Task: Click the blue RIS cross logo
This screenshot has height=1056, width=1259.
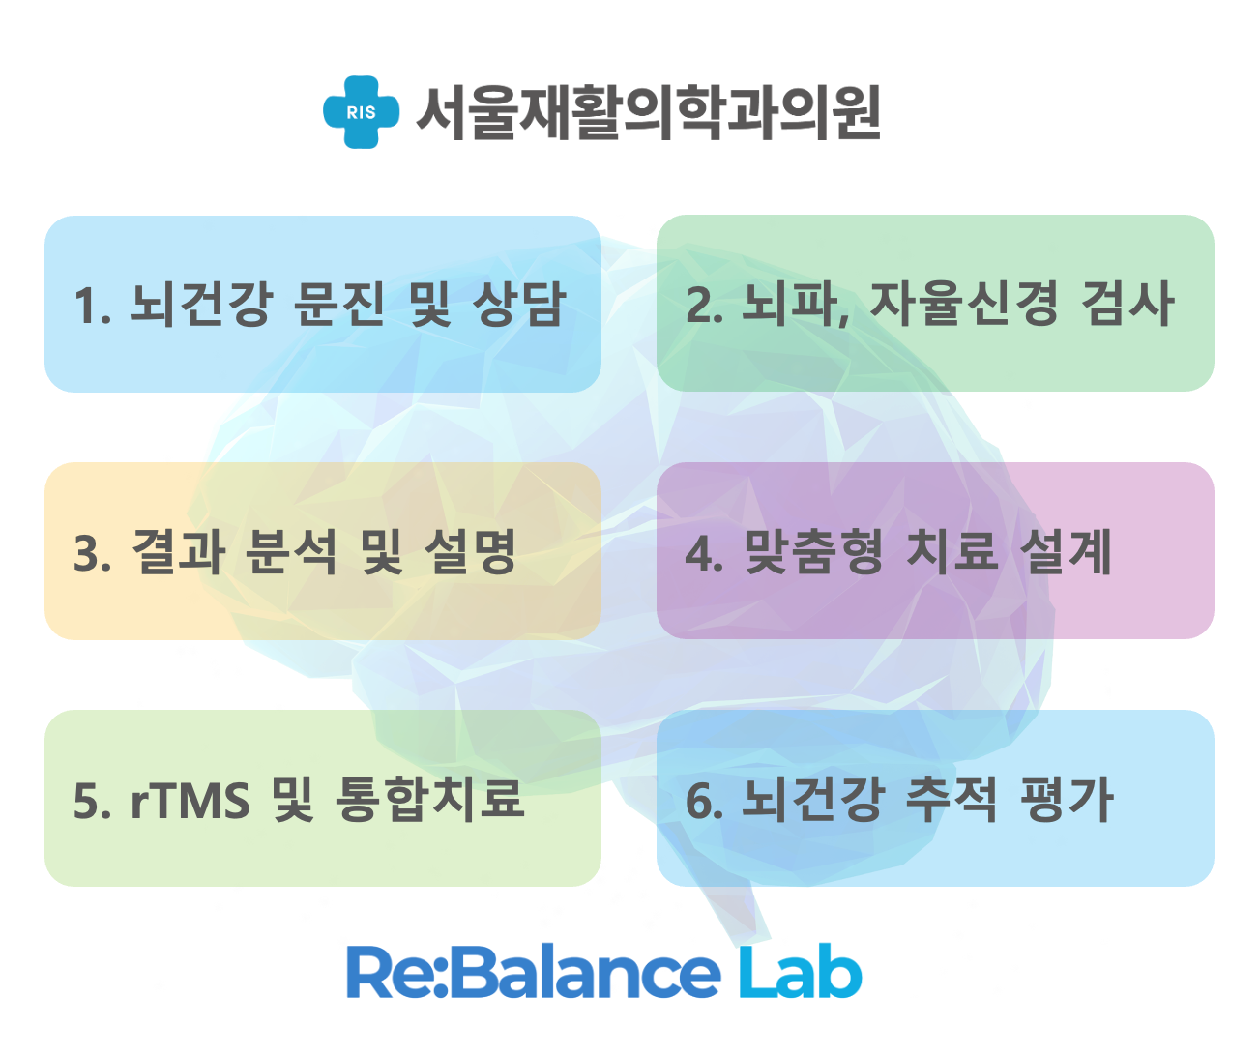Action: click(361, 112)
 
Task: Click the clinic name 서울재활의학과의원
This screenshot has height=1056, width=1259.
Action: click(649, 113)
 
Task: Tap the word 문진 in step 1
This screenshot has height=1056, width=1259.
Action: click(339, 304)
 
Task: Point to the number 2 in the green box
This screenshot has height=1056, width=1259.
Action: click(699, 306)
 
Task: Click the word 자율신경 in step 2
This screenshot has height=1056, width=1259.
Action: click(964, 304)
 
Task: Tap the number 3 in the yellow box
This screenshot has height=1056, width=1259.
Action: click(87, 553)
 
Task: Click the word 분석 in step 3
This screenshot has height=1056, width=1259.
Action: click(291, 551)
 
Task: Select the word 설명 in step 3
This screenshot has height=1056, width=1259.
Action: click(470, 551)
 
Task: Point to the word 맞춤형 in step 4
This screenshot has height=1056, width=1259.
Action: click(814, 551)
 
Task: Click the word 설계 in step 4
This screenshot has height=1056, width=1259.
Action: click(1066, 551)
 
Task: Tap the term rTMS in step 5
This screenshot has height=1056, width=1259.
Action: click(190, 801)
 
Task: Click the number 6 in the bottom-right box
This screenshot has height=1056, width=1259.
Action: click(699, 801)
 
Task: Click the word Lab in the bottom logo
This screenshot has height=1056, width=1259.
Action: click(800, 971)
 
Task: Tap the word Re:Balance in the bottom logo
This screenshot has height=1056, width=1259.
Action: click(533, 971)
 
